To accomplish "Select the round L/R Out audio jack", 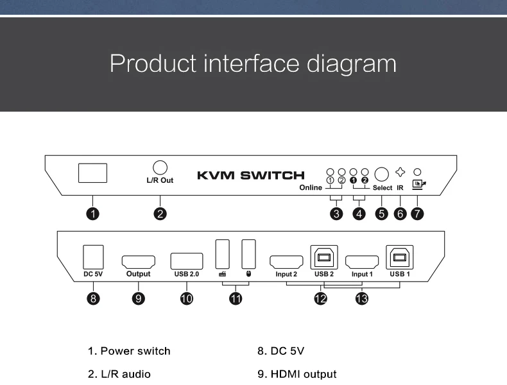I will pyautogui.click(x=160, y=167).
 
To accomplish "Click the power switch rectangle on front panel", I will pyautogui.click(x=92, y=173).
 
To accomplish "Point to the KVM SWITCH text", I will pyautogui.click(x=250, y=175).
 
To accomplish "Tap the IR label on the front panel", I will pyautogui.click(x=400, y=188).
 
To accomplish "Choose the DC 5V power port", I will pyautogui.click(x=94, y=257).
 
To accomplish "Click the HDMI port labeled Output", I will pyautogui.click(x=138, y=261).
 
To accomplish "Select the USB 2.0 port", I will pyautogui.click(x=187, y=261).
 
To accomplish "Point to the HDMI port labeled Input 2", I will pyautogui.click(x=286, y=261).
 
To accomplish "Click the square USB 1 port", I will pyautogui.click(x=400, y=258).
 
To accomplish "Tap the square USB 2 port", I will pyautogui.click(x=324, y=258).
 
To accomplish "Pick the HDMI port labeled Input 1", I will pyautogui.click(x=362, y=261).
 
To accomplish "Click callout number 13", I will pyautogui.click(x=362, y=298).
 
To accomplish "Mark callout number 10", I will pyautogui.click(x=187, y=298).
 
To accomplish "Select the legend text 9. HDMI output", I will pyautogui.click(x=296, y=374).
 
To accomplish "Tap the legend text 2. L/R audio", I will pyautogui.click(x=119, y=374).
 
